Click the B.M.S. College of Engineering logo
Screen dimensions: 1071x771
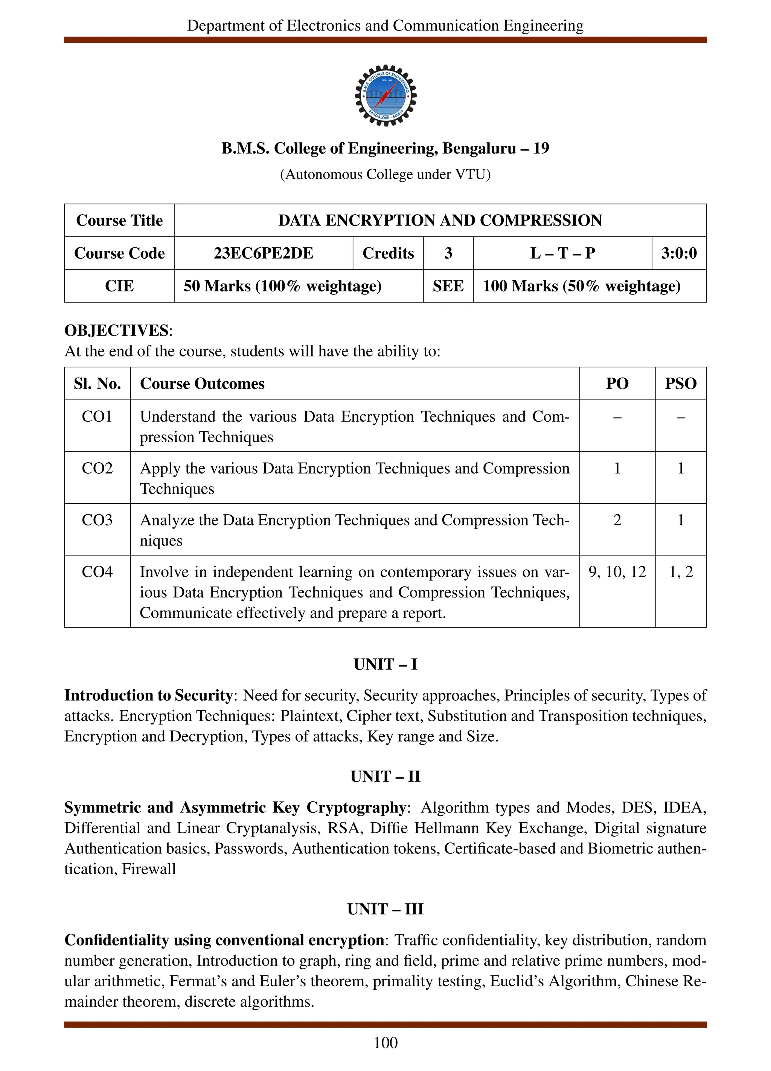point(385,95)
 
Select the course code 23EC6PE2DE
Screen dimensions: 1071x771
point(263,253)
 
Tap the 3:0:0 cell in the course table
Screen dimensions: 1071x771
point(678,253)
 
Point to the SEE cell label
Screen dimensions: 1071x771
point(448,286)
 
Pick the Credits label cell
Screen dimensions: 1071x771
point(388,253)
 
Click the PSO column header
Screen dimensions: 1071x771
point(680,384)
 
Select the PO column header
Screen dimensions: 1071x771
point(617,384)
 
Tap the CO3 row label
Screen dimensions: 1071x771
point(97,520)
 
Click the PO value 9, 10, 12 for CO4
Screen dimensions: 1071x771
point(617,572)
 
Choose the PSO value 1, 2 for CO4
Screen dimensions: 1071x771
point(680,572)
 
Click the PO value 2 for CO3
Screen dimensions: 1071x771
point(617,520)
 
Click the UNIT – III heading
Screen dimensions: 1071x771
point(385,909)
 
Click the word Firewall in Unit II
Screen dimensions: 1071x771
point(149,869)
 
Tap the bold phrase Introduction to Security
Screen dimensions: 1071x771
point(148,695)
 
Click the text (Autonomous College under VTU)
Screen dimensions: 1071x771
point(385,174)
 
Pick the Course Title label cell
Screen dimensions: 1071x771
point(119,221)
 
